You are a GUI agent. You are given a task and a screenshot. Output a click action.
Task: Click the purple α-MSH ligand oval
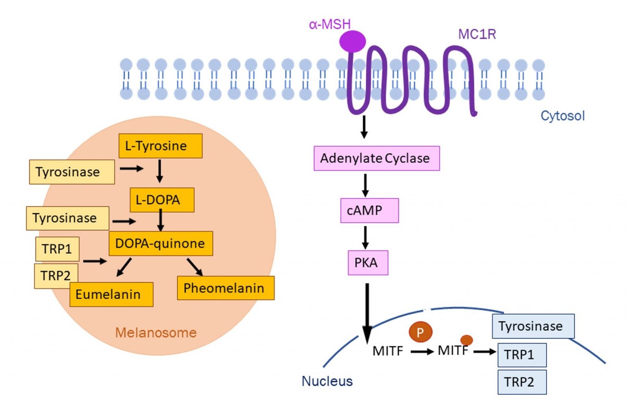(x=352, y=41)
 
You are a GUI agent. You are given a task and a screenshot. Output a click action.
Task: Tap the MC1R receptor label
(x=477, y=34)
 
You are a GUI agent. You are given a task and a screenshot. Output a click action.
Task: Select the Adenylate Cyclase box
(x=376, y=158)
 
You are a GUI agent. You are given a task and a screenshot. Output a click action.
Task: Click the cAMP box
(x=369, y=210)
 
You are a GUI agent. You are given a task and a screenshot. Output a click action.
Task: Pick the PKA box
(x=367, y=263)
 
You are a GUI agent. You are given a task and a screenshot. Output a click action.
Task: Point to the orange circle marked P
(x=420, y=332)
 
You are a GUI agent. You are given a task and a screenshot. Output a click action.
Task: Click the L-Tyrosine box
(x=160, y=146)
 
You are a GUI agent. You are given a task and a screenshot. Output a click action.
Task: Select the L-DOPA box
(x=162, y=200)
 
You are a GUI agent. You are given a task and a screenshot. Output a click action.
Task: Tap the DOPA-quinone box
(x=160, y=243)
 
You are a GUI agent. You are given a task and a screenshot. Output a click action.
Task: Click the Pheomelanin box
(x=225, y=288)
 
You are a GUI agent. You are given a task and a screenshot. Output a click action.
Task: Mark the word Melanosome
(x=156, y=333)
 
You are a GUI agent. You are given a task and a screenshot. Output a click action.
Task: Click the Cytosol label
(x=562, y=116)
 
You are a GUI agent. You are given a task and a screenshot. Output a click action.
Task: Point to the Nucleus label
(x=327, y=381)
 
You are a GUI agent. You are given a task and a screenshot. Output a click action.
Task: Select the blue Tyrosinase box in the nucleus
(x=533, y=326)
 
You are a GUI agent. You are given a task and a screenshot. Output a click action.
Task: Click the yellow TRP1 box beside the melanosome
(x=57, y=249)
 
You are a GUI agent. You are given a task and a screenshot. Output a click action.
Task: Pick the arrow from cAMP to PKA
(x=365, y=237)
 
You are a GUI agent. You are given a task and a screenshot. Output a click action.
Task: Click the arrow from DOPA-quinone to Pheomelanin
(x=195, y=267)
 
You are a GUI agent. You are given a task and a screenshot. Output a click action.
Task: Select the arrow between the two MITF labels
(x=422, y=351)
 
